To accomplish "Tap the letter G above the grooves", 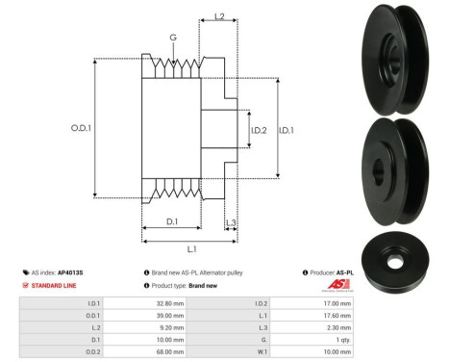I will tap(173, 39).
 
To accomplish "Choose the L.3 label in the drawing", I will tap(231, 222).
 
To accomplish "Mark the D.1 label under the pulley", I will tap(170, 222).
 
